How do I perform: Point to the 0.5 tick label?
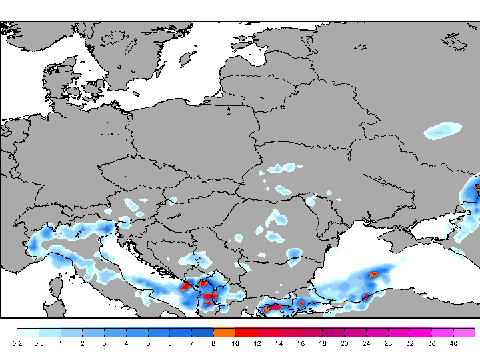pyautogui.click(x=39, y=343)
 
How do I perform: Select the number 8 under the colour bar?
pyautogui.click(x=213, y=343)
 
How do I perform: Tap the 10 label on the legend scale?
pyautogui.click(x=235, y=343)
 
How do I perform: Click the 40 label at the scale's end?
pyautogui.click(x=453, y=343)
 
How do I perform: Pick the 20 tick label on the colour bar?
pyautogui.click(x=344, y=343)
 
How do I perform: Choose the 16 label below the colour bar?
pyautogui.click(x=301, y=343)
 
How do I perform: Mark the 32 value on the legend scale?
pyautogui.click(x=409, y=343)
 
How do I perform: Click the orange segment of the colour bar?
pyautogui.click(x=224, y=332)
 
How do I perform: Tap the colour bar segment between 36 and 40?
pyautogui.click(x=443, y=332)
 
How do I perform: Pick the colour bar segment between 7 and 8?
pyautogui.click(x=202, y=332)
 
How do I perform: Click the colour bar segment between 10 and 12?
pyautogui.click(x=246, y=332)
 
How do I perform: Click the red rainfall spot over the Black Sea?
pyautogui.click(x=375, y=273)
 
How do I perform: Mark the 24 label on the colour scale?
pyautogui.click(x=366, y=343)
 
